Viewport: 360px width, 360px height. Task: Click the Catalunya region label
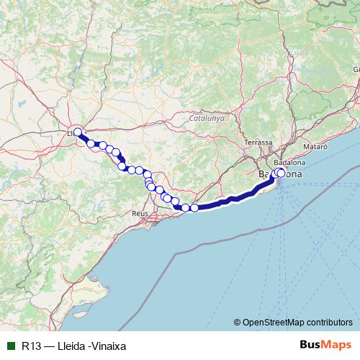tap(207, 117)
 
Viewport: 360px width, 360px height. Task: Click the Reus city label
tap(140, 214)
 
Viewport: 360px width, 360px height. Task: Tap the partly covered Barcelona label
tap(287, 175)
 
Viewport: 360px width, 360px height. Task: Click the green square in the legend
tap(11, 345)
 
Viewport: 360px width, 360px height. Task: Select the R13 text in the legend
tap(31, 345)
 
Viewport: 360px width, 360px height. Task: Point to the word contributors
tap(332, 322)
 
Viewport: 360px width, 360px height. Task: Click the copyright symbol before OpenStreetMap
tap(238, 322)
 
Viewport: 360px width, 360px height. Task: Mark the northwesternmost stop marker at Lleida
tap(77, 132)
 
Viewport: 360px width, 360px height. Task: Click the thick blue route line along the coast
tap(230, 201)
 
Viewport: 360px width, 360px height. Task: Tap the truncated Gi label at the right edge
tap(356, 69)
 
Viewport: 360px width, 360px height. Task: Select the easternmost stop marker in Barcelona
tap(281, 172)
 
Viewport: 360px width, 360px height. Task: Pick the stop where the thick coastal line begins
tap(194, 208)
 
